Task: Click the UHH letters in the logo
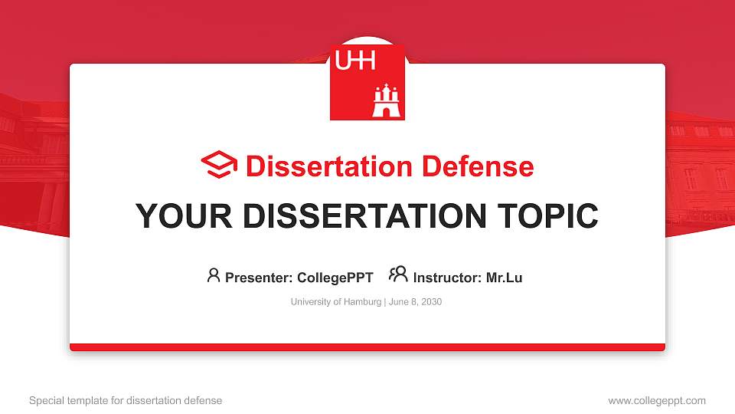[x=356, y=61]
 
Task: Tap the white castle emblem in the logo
[x=386, y=102]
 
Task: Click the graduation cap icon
[x=219, y=166]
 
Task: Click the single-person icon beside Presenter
[x=214, y=275]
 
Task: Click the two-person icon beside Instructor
[x=398, y=274]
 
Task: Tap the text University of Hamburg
[x=335, y=302]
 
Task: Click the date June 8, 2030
[x=416, y=302]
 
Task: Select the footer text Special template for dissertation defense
[x=126, y=400]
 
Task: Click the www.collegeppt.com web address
[x=657, y=400]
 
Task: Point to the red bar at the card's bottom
[x=367, y=347]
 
